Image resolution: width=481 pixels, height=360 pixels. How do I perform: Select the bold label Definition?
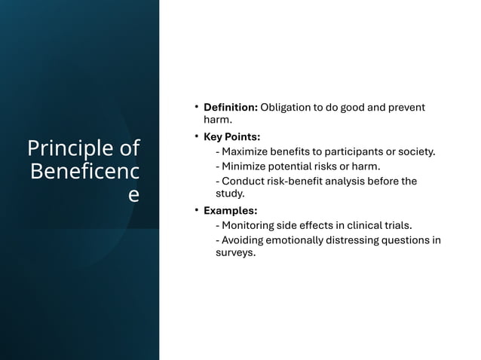click(231, 107)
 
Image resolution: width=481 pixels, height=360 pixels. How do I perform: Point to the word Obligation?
click(288, 107)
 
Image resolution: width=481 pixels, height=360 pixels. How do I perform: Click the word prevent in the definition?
click(406, 107)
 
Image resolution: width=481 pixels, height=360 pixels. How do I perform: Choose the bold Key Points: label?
click(232, 137)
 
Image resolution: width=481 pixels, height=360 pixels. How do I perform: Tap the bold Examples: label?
click(231, 211)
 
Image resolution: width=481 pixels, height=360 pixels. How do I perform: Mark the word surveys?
click(236, 253)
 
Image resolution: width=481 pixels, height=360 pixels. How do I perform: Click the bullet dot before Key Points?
click(196, 136)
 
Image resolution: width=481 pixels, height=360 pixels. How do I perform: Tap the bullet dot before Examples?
click(196, 210)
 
